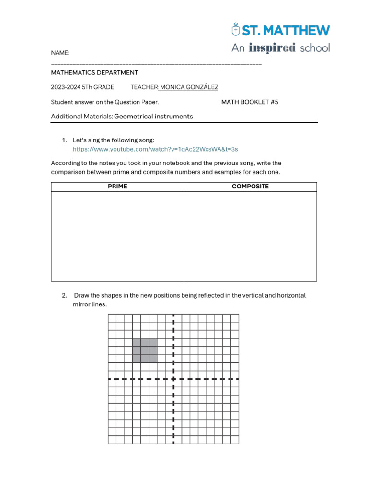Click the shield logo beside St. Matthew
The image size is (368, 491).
click(x=235, y=30)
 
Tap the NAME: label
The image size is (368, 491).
click(x=60, y=53)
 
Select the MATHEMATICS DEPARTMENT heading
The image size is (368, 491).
click(x=94, y=73)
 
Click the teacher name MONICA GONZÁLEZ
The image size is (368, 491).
click(x=189, y=87)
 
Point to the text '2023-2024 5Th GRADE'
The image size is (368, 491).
click(x=82, y=87)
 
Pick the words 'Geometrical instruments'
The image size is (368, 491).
click(x=153, y=117)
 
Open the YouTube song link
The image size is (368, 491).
click(x=155, y=149)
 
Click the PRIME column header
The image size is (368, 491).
click(x=117, y=187)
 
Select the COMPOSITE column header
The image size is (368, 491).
click(x=250, y=187)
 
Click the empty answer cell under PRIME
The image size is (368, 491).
click(x=117, y=236)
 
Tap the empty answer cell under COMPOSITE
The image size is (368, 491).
click(x=250, y=236)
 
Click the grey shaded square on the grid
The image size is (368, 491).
click(x=145, y=351)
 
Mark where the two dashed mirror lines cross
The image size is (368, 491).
click(x=173, y=379)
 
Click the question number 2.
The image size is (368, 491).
click(x=64, y=296)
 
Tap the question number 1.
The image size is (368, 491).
click(x=64, y=140)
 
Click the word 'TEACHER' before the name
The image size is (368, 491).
click(x=144, y=87)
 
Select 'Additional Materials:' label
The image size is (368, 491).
click(x=82, y=117)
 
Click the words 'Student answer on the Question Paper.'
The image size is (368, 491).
click(x=105, y=102)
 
